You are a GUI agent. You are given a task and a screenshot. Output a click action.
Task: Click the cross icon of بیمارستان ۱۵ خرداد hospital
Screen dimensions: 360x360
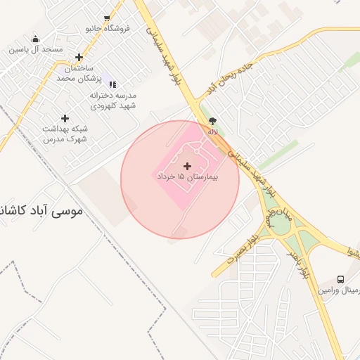(186, 167)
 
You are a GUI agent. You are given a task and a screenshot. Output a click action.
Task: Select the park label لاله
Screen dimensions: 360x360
(212, 131)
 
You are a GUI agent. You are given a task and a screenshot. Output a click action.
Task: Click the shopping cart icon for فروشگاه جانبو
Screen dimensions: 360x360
(107, 19)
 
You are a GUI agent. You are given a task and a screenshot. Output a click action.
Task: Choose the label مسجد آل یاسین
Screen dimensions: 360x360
(36, 50)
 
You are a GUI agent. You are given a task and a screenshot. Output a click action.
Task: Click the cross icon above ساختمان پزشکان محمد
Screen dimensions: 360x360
(79, 58)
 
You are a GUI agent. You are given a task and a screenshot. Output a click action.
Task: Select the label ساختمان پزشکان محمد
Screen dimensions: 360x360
(76, 73)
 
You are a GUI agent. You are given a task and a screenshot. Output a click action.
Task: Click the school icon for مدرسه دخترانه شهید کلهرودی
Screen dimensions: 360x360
(113, 85)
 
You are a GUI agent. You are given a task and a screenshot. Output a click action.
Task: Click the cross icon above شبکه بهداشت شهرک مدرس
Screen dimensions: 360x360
(65, 118)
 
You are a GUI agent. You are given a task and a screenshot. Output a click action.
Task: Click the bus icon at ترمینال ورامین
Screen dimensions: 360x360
(341, 279)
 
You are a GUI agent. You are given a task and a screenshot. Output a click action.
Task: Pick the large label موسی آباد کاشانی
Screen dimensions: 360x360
(43, 210)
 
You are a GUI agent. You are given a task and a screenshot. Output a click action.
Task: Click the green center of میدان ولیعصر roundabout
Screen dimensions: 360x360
(280, 224)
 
